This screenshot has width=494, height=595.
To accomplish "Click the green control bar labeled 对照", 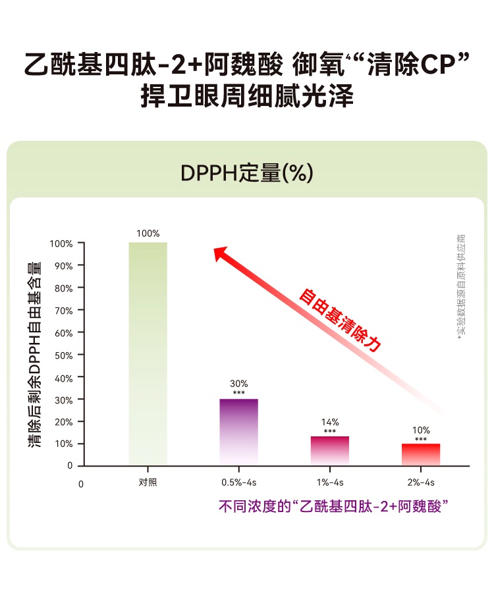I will [148, 353].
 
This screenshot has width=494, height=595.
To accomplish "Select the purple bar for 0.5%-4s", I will [238, 432].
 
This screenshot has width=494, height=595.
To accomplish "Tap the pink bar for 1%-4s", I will [330, 451].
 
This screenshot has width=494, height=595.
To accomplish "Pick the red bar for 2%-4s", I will [421, 454].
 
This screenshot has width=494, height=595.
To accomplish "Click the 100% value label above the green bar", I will [148, 234].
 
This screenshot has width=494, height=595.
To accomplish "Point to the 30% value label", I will [238, 384].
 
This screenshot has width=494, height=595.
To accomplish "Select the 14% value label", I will [330, 422].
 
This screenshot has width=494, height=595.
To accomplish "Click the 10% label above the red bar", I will [421, 430].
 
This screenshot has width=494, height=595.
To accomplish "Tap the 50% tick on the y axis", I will [63, 355].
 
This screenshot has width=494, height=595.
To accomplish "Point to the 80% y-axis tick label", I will [63, 288].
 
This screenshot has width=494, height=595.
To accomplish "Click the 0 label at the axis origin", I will [81, 484].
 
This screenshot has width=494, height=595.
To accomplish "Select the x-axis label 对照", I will [148, 482].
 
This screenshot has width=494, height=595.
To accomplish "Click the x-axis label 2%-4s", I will [421, 482].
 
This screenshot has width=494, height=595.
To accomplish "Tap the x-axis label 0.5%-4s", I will [238, 482].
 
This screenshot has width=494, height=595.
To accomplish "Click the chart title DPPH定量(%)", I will [246, 173].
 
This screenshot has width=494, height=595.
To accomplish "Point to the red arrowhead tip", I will [215, 249].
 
